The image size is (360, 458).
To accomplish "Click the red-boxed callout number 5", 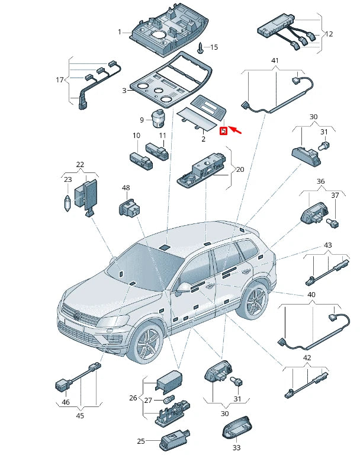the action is (223, 131).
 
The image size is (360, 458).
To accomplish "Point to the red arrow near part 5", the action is (235, 129).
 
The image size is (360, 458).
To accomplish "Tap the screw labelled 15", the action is (201, 47).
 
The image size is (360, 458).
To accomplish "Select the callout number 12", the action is (329, 34).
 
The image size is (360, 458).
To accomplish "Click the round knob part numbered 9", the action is (158, 118).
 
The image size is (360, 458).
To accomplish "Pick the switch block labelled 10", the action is (141, 160).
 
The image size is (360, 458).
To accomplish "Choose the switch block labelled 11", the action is (157, 151).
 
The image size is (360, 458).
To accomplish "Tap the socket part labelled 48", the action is (129, 207).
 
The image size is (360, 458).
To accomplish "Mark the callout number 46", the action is (66, 402).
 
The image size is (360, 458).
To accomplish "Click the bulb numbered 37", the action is (333, 223).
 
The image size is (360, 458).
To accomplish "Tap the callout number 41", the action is (275, 60).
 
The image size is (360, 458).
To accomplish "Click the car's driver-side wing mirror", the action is (183, 289).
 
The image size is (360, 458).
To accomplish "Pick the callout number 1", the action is (120, 32).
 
